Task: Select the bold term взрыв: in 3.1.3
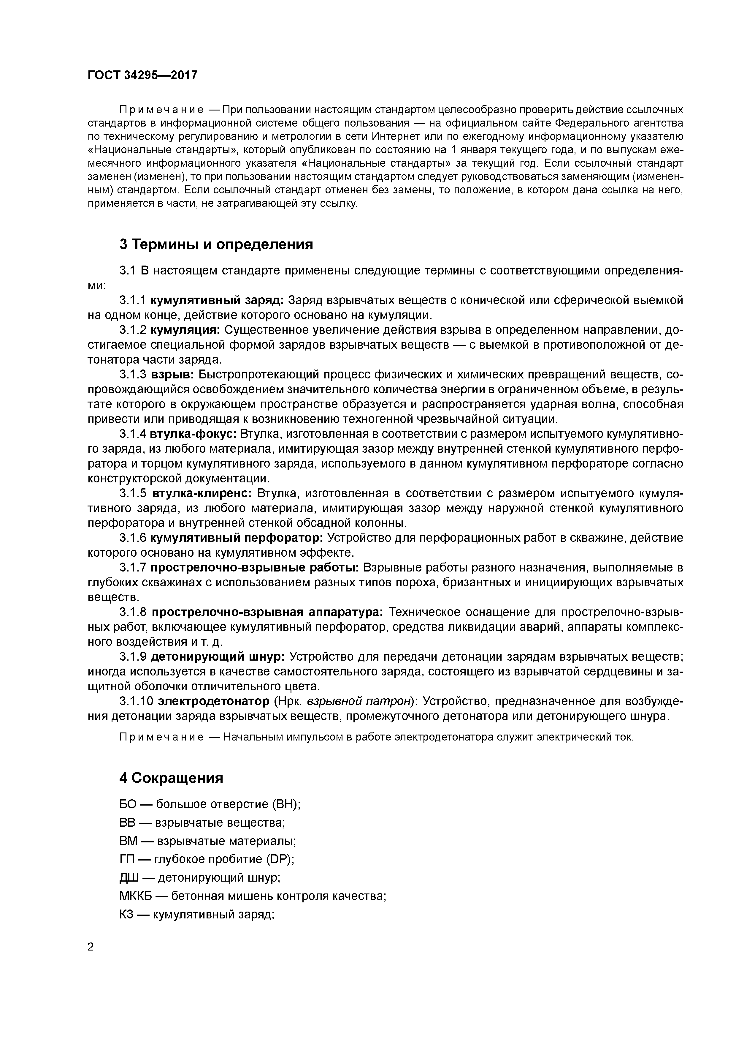click(172, 374)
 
